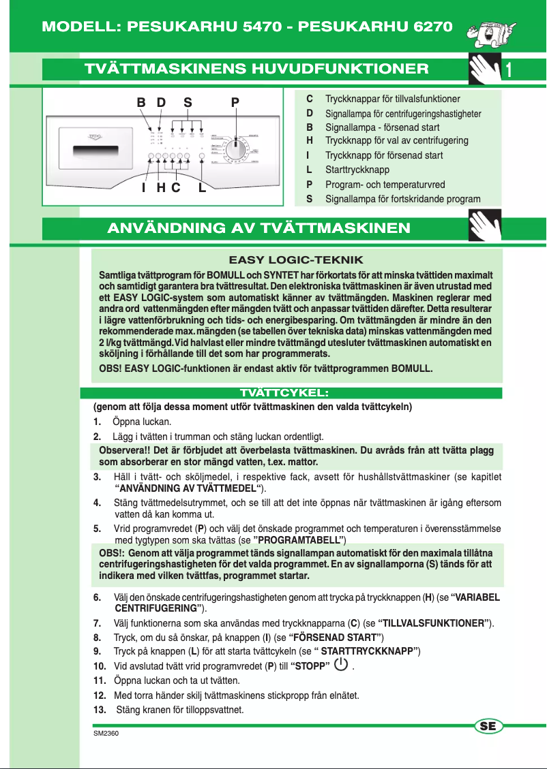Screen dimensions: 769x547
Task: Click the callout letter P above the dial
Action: (x=235, y=102)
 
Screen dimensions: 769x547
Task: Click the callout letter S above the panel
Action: (x=188, y=102)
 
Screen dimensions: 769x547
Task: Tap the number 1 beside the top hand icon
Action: (x=509, y=69)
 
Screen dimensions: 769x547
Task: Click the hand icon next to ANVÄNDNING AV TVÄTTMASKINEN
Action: (x=486, y=227)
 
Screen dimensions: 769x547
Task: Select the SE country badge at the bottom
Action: (x=488, y=726)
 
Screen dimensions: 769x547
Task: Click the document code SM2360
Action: (x=106, y=734)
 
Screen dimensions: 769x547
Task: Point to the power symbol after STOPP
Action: (x=342, y=664)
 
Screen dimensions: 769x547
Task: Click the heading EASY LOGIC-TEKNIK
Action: (x=296, y=260)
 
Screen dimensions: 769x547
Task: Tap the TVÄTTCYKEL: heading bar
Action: (x=291, y=393)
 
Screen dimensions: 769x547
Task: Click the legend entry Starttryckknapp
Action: (x=357, y=170)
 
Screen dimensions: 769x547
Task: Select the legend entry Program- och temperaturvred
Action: (x=385, y=185)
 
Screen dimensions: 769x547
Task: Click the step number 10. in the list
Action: (x=100, y=666)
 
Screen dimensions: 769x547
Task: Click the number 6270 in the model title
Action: (x=423, y=27)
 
